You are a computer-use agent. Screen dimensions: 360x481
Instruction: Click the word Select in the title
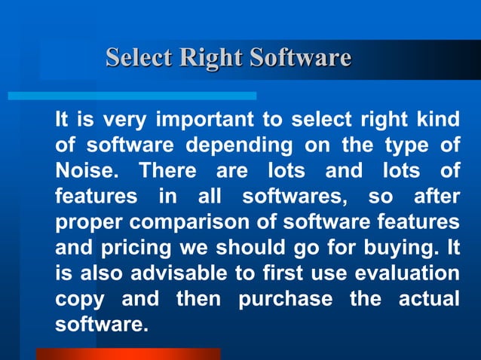[137, 57]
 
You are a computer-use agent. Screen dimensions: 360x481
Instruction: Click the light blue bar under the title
[132, 96]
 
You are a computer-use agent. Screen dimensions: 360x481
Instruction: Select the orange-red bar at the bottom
[128, 353]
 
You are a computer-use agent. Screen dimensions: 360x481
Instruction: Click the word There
[164, 171]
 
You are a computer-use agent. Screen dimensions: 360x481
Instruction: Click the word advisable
[179, 273]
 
